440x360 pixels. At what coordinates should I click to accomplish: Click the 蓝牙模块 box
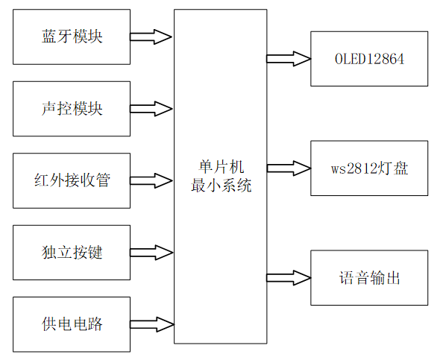[72, 37]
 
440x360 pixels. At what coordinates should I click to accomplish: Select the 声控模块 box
[72, 109]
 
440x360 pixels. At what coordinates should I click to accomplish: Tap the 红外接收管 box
[72, 180]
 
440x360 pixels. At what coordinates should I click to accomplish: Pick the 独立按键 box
[72, 252]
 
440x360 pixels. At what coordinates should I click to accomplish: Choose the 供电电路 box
[72, 324]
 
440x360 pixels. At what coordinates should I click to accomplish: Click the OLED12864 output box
[369, 58]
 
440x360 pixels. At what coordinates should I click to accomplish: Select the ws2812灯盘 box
[369, 168]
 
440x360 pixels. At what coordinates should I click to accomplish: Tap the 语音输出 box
[369, 277]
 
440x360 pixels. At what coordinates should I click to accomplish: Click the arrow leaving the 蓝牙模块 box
[152, 36]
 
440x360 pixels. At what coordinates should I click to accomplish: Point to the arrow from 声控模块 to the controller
[152, 108]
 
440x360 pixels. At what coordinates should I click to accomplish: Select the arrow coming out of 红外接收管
[152, 180]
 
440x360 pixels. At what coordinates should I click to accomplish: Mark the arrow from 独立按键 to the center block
[152, 252]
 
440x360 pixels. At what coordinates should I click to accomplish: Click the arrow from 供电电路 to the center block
[152, 323]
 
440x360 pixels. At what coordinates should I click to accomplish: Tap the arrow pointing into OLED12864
[289, 58]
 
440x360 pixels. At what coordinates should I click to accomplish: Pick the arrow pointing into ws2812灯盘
[289, 168]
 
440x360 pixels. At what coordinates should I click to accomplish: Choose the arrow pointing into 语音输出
[289, 277]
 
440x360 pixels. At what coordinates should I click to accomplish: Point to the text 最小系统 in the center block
[221, 185]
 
